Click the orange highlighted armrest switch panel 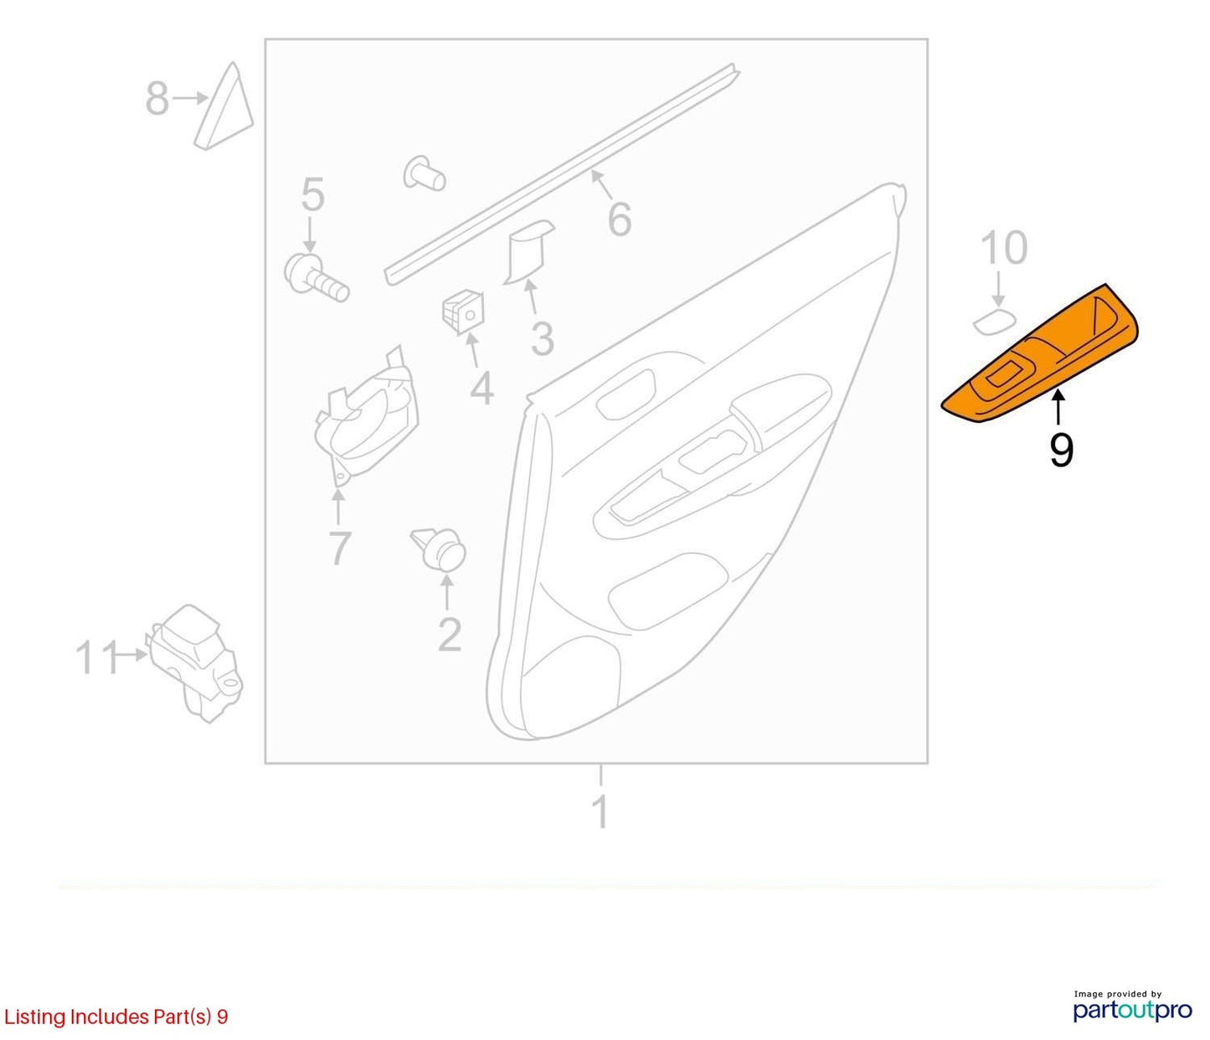tap(1039, 356)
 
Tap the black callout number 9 tap(1061, 451)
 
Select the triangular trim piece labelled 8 tap(224, 106)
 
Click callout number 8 tap(157, 98)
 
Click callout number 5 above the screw tap(312, 195)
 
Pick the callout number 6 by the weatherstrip tap(620, 219)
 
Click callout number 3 tap(542, 339)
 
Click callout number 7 tap(339, 548)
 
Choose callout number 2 tap(450, 635)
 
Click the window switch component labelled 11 tap(195, 663)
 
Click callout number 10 tap(1003, 248)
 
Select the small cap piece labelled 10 tap(994, 322)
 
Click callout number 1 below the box tap(601, 811)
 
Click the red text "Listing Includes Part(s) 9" tap(116, 1017)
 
